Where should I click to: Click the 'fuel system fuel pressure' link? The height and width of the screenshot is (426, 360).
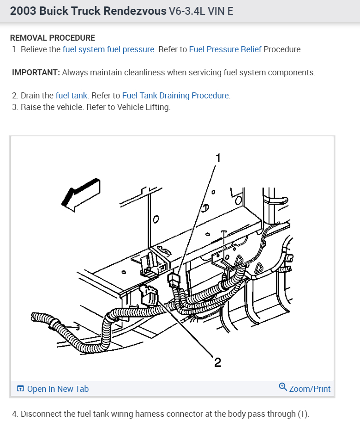point(108,49)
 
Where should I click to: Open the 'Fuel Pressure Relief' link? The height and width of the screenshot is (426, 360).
point(225,49)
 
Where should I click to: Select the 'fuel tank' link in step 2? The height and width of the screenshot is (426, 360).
point(72,96)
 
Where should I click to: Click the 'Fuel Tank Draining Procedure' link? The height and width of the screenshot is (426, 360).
point(175,96)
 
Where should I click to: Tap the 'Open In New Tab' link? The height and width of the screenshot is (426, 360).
point(58,389)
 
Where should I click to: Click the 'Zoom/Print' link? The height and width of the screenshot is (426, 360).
point(310,389)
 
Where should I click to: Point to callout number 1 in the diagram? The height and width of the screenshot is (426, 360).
point(218,158)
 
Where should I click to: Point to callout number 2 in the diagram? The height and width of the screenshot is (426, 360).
point(217,363)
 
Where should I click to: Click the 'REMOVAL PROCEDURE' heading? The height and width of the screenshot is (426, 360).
point(53,38)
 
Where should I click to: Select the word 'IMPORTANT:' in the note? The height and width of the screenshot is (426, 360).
point(36,73)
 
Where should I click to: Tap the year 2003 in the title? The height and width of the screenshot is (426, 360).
point(23,11)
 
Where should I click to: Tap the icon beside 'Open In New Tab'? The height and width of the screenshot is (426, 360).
point(20,389)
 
